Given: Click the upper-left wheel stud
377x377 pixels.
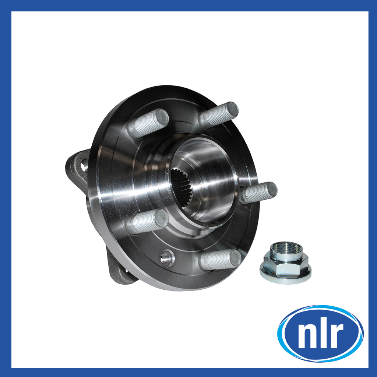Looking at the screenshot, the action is pyautogui.click(x=148, y=123).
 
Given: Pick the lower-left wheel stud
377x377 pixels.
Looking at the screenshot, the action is pyautogui.click(x=147, y=222).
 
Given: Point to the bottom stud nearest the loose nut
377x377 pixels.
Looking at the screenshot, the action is pyautogui.click(x=220, y=260).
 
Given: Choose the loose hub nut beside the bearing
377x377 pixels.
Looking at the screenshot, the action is pyautogui.click(x=285, y=263).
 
